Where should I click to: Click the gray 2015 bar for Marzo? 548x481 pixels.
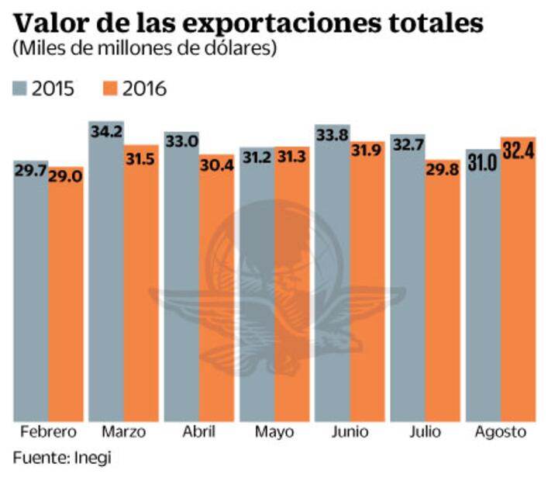pyautogui.click(x=105, y=279)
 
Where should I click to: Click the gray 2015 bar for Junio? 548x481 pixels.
pyautogui.click(x=331, y=279)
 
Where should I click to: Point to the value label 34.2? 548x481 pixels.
pyautogui.click(x=105, y=133)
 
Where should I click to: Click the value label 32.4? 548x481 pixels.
pyautogui.click(x=518, y=147)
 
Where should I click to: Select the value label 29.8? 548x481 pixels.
pyautogui.click(x=442, y=169)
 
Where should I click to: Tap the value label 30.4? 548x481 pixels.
pyautogui.click(x=215, y=164)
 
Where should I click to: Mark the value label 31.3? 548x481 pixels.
pyautogui.click(x=291, y=157)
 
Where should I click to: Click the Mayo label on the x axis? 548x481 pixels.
pyautogui.click(x=274, y=432)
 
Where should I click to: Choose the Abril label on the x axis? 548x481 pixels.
pyautogui.click(x=198, y=432)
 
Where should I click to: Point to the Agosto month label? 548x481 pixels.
pyautogui.click(x=501, y=433)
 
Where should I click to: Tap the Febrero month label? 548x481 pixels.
pyautogui.click(x=48, y=432)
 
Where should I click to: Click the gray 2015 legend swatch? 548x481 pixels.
pyautogui.click(x=19, y=88)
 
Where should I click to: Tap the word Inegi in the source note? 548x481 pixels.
pyautogui.click(x=92, y=458)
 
